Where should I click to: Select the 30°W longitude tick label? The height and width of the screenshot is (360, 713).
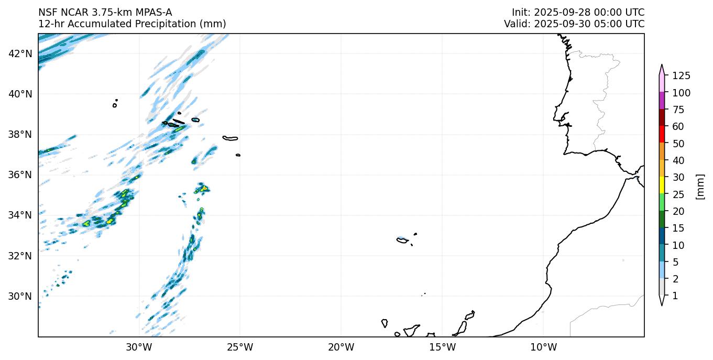pos(139,346)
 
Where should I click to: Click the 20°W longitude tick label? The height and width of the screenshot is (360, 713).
pos(341,346)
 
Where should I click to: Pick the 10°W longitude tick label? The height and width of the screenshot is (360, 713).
pos(543,346)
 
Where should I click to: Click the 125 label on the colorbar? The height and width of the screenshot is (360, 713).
pos(681,76)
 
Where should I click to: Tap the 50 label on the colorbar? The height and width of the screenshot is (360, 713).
pos(677,144)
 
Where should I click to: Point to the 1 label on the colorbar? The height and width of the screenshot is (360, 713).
pos(675,296)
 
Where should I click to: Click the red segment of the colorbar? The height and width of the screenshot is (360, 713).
pos(662,135)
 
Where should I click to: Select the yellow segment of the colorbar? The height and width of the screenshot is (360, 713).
pos(662,186)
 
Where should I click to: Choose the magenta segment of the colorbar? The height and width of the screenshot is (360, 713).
pos(662,101)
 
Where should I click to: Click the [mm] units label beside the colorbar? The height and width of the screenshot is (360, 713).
pos(699,186)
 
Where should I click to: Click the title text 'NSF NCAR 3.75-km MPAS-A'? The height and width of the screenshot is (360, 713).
pos(105,12)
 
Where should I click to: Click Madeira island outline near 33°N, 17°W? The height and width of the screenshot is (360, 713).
pos(402,240)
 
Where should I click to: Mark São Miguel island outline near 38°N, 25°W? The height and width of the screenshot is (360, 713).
pos(230,138)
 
